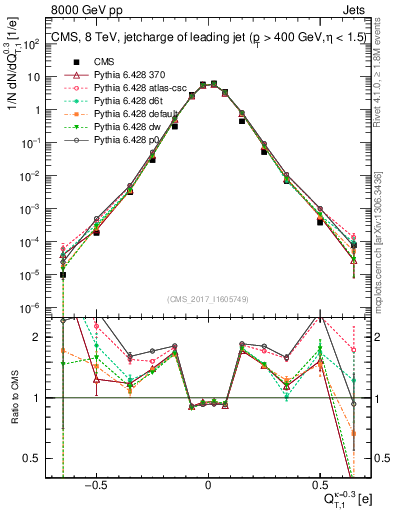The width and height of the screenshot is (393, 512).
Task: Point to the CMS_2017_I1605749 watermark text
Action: pyautogui.click(x=208, y=299)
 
